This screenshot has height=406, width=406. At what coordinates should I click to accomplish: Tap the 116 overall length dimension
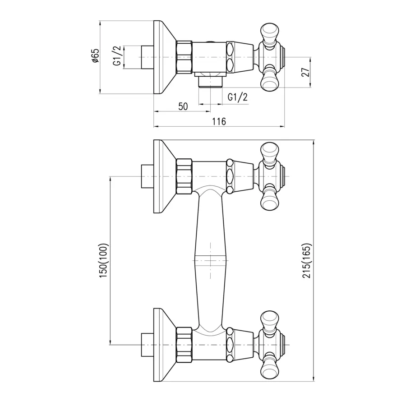[x=219, y=121]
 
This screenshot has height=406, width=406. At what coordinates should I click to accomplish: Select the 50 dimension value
[x=183, y=106]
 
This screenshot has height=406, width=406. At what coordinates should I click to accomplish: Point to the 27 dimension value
[x=306, y=72]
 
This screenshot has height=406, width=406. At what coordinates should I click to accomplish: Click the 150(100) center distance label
[x=104, y=260]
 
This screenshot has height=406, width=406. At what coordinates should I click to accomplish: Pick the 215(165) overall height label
[x=306, y=261]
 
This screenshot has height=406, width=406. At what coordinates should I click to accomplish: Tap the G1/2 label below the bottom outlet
[x=238, y=97]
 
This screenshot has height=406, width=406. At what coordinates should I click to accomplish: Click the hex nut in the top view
[x=184, y=56]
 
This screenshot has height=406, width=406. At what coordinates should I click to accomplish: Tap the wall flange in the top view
[x=165, y=57]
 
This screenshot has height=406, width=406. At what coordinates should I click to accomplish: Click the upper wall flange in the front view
[x=165, y=176]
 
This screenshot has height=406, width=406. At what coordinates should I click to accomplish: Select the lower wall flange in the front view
[x=165, y=345]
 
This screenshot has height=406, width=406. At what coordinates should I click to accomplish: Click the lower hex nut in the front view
[x=184, y=344]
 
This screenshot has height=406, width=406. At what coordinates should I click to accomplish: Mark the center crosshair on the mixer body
[x=211, y=260]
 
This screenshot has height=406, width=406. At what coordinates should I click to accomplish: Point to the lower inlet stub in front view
[x=148, y=345]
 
